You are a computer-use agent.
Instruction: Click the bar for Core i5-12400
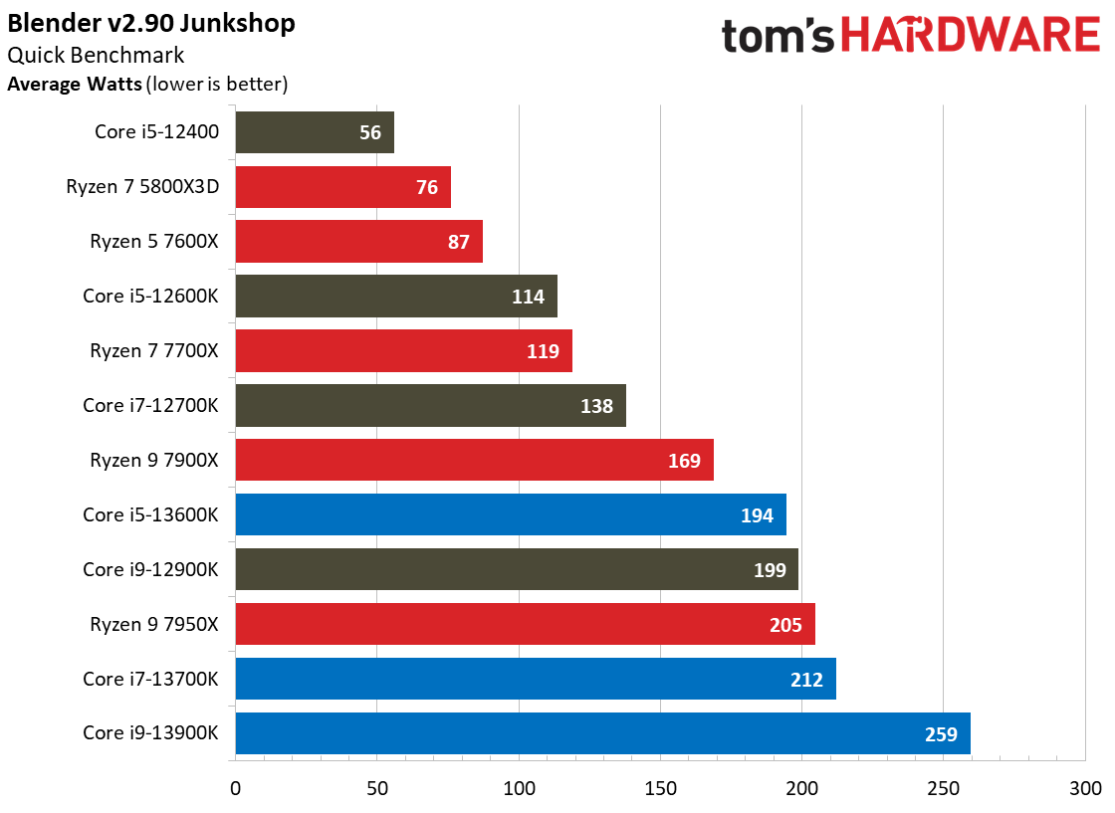[x=315, y=132]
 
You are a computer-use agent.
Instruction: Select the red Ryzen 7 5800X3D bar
[x=343, y=187]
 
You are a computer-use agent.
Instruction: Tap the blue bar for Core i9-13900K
[x=602, y=734]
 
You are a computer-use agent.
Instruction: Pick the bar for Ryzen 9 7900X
[x=474, y=461]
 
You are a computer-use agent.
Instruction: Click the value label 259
[x=940, y=734]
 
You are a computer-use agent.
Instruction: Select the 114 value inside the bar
[x=528, y=297]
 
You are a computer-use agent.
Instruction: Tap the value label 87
[x=458, y=242]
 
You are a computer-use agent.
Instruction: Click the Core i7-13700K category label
[x=150, y=680]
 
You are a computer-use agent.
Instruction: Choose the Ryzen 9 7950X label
[x=153, y=625]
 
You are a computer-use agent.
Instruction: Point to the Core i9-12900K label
[x=150, y=570]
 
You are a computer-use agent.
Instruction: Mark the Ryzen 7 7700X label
[x=153, y=351]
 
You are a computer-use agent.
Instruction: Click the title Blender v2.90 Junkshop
[x=151, y=23]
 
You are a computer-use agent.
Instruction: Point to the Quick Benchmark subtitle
[x=96, y=56]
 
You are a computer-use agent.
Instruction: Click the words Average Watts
[x=74, y=85]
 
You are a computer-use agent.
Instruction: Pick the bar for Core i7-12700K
[x=430, y=406]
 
